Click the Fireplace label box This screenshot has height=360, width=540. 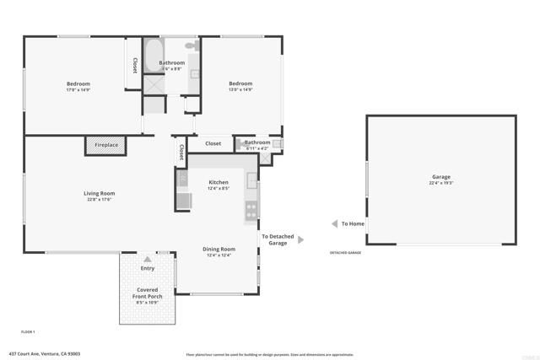[105, 146]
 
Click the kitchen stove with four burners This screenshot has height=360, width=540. [251, 210]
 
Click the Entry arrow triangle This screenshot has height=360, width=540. [148, 259]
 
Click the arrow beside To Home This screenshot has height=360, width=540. [333, 224]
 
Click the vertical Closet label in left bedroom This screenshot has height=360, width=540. [134, 65]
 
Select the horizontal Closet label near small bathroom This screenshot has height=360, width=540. [213, 143]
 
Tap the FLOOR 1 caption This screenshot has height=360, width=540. [28, 332]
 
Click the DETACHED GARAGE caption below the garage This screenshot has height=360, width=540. [345, 253]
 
